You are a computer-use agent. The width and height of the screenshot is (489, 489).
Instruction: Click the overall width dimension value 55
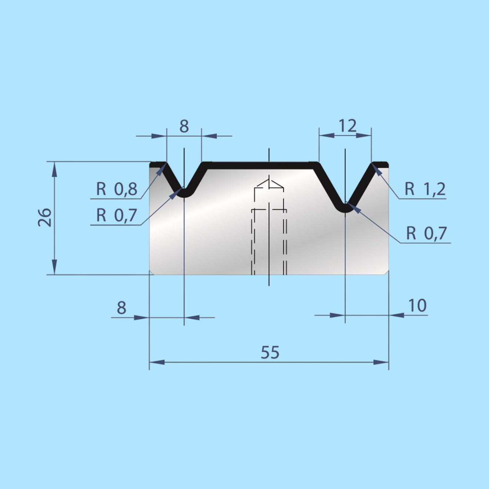tap(270, 352)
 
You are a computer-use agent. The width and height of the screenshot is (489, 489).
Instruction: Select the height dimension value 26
tap(45, 217)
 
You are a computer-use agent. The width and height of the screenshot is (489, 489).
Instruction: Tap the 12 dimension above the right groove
tap(347, 126)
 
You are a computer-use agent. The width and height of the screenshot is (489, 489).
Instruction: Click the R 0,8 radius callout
tap(117, 189)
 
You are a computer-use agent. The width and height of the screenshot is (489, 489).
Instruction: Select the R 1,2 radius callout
tap(425, 189)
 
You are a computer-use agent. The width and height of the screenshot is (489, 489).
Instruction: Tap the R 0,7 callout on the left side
tap(117, 215)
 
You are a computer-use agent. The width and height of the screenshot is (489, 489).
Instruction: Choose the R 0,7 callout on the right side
tap(426, 233)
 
